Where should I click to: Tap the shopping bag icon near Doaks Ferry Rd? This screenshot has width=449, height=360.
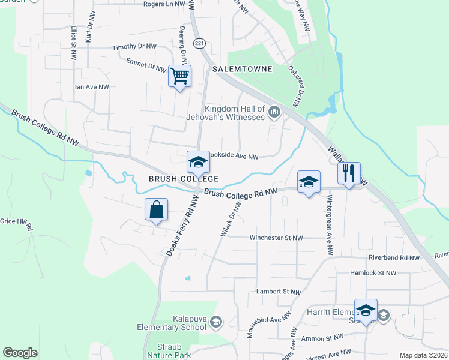coord(156,211)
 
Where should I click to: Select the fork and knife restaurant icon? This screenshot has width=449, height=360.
coord(349,174)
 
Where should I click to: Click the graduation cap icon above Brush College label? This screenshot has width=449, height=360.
coord(198,162)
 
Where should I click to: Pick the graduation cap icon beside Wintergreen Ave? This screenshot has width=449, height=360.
coord(309,182)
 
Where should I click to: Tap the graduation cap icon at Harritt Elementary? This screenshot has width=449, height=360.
coord(366,311)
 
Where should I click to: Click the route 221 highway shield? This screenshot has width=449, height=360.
coord(199,43)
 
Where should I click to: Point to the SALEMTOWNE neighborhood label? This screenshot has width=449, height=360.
coord(243,70)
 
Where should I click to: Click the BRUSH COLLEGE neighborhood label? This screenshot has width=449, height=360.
coord(183,179)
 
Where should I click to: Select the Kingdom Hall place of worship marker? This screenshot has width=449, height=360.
coord(275,112)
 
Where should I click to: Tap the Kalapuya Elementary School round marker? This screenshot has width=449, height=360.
coord(215,324)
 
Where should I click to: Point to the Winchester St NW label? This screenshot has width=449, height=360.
coord(276,238)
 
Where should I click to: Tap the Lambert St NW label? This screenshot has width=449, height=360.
coord(279,292)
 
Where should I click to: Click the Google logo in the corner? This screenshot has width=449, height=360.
coord(20,353)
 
